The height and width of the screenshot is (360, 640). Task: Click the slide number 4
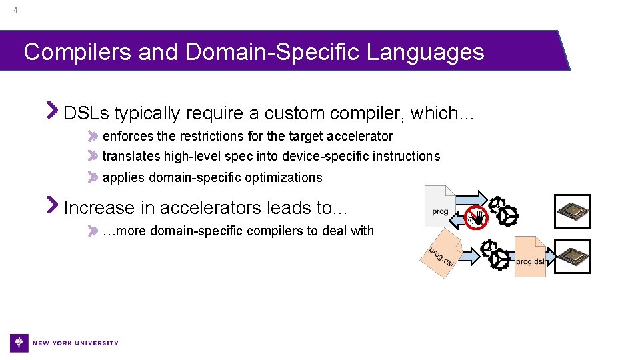[x=15, y=10]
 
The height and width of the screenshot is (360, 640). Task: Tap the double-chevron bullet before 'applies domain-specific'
[x=93, y=177]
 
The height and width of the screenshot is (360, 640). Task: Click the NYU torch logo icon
[x=19, y=343]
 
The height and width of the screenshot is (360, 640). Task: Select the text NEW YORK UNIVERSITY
[x=75, y=343]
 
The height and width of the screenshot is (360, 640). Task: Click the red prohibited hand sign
[x=476, y=217]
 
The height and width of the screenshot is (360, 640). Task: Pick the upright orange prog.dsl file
[x=530, y=257]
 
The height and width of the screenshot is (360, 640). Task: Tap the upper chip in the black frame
[x=573, y=211]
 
